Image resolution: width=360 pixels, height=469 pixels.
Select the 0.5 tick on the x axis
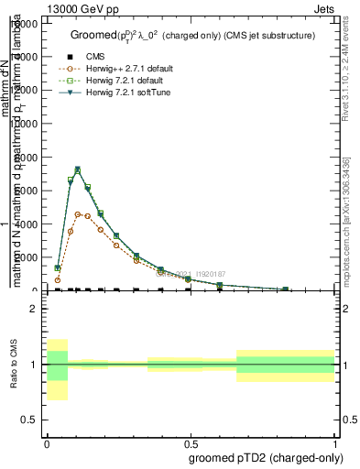(190, 441)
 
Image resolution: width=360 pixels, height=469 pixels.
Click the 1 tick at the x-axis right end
(334, 441)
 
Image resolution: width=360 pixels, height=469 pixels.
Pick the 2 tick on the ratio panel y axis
(34, 310)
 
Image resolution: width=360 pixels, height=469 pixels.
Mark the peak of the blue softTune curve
(78, 169)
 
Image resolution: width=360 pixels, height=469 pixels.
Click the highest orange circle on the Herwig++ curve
(78, 214)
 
